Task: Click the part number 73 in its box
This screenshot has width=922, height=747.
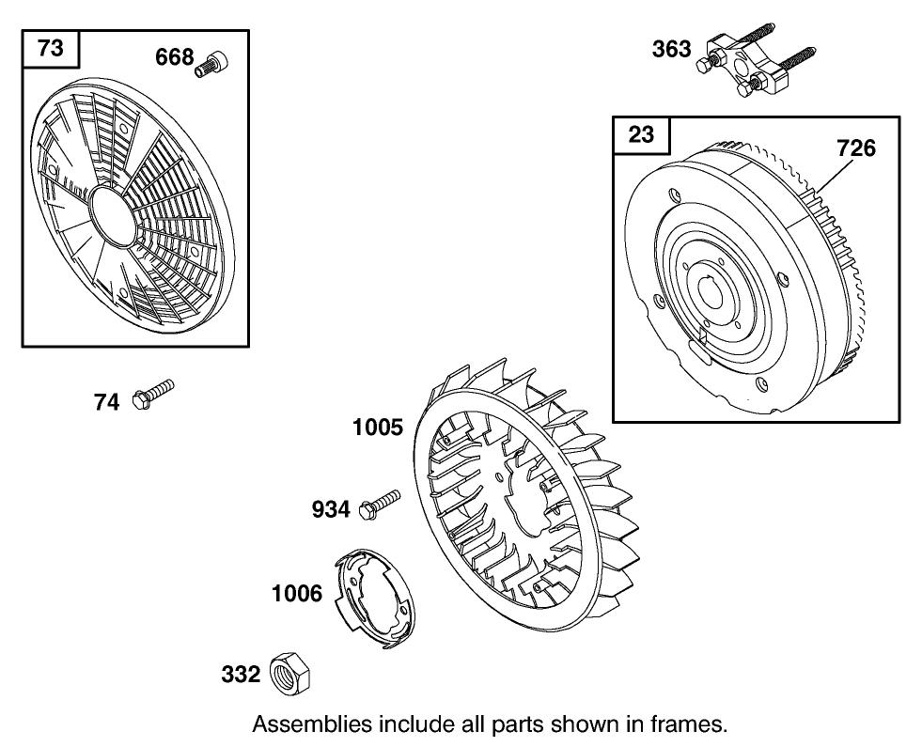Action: (51, 48)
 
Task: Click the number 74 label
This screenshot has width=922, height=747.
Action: (106, 402)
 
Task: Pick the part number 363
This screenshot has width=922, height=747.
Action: (671, 49)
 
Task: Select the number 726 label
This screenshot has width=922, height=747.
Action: (855, 148)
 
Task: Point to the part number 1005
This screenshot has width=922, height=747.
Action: (378, 428)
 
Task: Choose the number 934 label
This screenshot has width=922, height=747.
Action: (331, 510)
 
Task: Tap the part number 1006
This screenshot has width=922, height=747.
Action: (297, 594)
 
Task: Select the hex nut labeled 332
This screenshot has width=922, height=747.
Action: (290, 674)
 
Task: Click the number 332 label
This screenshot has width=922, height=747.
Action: (241, 675)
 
